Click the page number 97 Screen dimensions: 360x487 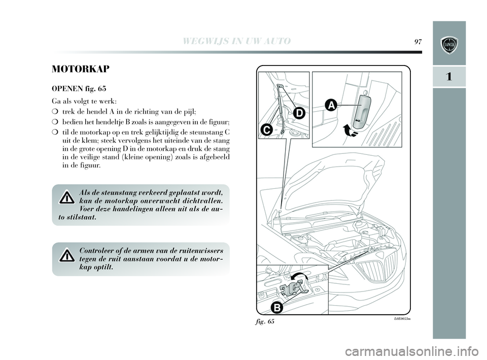click(419, 41)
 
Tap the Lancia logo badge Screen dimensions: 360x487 click(449, 45)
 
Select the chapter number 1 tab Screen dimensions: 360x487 click(449, 77)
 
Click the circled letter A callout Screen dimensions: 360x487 click(331, 105)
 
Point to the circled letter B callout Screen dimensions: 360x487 click(276, 307)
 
